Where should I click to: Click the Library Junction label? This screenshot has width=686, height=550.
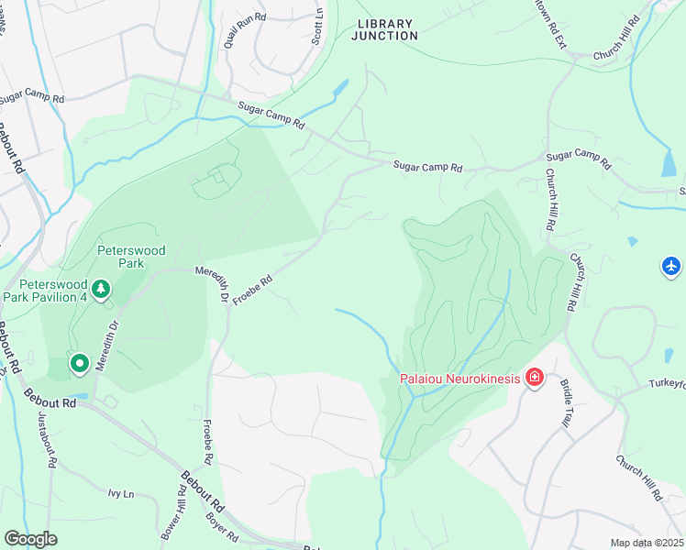(386, 29)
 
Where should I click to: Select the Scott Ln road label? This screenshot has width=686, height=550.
(317, 27)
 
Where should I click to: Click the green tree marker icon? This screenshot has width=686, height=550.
(101, 291)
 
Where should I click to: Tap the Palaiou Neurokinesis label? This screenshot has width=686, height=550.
(459, 378)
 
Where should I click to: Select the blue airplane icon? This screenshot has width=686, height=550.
(671, 266)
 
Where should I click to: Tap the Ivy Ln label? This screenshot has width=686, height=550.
(120, 494)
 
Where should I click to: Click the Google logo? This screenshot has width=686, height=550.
(30, 539)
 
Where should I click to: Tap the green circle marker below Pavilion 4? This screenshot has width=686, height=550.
(80, 364)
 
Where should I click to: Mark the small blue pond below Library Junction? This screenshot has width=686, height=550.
(340, 89)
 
